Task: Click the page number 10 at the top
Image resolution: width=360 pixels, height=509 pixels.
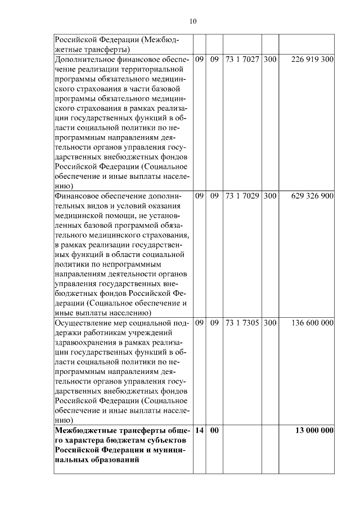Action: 193,22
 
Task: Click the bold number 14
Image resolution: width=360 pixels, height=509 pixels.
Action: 199,430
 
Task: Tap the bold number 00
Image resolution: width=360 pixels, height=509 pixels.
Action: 214,430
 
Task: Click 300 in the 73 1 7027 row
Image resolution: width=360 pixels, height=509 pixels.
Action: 269,58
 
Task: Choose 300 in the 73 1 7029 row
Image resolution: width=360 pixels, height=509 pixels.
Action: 269,196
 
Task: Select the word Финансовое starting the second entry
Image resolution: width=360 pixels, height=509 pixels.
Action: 75,196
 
